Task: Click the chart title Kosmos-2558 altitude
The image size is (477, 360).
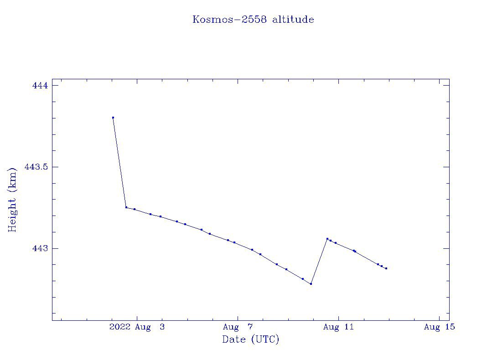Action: pyautogui.click(x=253, y=20)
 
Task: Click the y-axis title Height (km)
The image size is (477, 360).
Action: pyautogui.click(x=12, y=200)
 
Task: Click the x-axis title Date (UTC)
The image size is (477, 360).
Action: pyautogui.click(x=251, y=339)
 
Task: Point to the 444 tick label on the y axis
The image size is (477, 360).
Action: pyautogui.click(x=40, y=85)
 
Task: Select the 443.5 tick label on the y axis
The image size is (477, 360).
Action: pyautogui.click(x=36, y=167)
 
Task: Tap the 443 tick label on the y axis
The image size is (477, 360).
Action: pyautogui.click(x=40, y=248)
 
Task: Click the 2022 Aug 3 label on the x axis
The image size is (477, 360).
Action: pyautogui.click(x=137, y=327)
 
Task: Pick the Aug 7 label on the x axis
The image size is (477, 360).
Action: pyautogui.click(x=238, y=327)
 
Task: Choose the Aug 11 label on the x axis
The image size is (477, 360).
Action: pyautogui.click(x=338, y=327)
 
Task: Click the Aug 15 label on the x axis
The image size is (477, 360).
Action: pyautogui.click(x=439, y=327)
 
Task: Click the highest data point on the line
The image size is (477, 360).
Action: pyautogui.click(x=113, y=118)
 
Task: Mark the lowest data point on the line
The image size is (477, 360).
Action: pyautogui.click(x=311, y=284)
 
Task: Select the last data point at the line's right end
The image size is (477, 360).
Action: pyautogui.click(x=386, y=268)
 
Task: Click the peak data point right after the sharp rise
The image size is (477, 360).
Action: pyautogui.click(x=327, y=239)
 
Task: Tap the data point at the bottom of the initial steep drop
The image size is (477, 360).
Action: pyautogui.click(x=126, y=207)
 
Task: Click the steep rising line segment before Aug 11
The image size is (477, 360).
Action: pyautogui.click(x=319, y=261)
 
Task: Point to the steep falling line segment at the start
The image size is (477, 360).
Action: pyautogui.click(x=119, y=162)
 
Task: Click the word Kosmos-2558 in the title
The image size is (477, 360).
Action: pyautogui.click(x=230, y=20)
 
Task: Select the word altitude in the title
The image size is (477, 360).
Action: pyautogui.click(x=293, y=20)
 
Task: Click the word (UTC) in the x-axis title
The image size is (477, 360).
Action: pyautogui.click(x=265, y=339)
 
